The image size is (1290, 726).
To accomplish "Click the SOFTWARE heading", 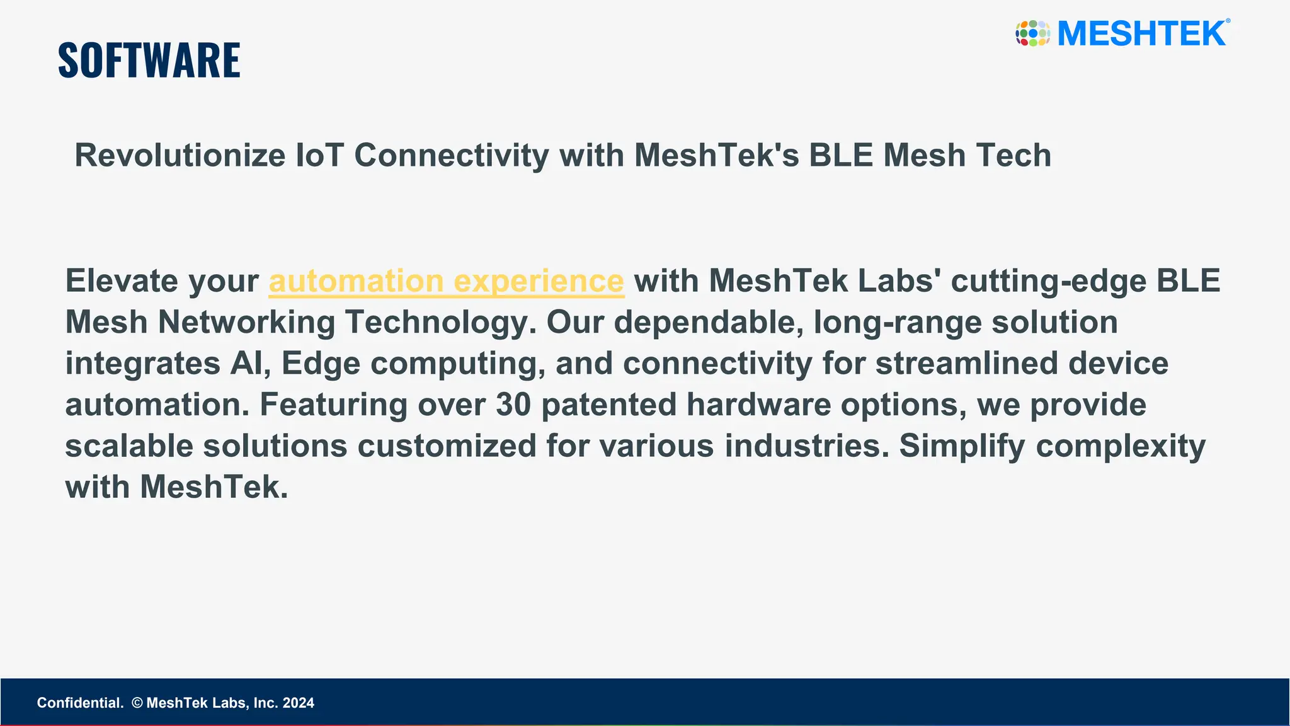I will [x=149, y=60].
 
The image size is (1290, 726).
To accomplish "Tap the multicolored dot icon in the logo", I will [x=1032, y=33].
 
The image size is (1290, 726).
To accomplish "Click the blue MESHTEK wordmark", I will [x=1141, y=33].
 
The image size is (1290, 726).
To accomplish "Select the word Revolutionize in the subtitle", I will [x=180, y=156].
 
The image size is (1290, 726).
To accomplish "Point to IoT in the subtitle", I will [x=319, y=156].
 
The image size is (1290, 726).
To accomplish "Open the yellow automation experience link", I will [x=446, y=281].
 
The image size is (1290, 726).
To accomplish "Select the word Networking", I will [x=246, y=323].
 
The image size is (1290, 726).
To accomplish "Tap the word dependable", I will [x=708, y=323].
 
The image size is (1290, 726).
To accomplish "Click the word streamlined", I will [x=966, y=364].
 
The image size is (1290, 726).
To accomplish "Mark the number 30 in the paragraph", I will [x=513, y=405].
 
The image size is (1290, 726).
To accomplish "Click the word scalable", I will [x=129, y=446].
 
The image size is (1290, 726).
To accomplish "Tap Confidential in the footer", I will [x=80, y=703].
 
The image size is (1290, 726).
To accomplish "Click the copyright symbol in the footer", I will [x=137, y=703].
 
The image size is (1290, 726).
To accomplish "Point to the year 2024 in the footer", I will [x=299, y=703].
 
